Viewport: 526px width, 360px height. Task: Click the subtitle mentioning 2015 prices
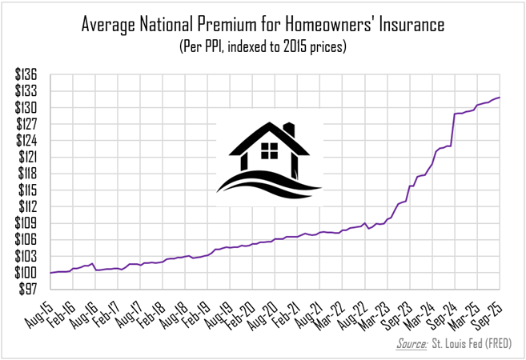pyautogui.click(x=263, y=48)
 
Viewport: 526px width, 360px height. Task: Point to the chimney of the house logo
pyautogui.click(x=290, y=130)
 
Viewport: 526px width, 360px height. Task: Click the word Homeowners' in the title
pyautogui.click(x=315, y=26)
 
